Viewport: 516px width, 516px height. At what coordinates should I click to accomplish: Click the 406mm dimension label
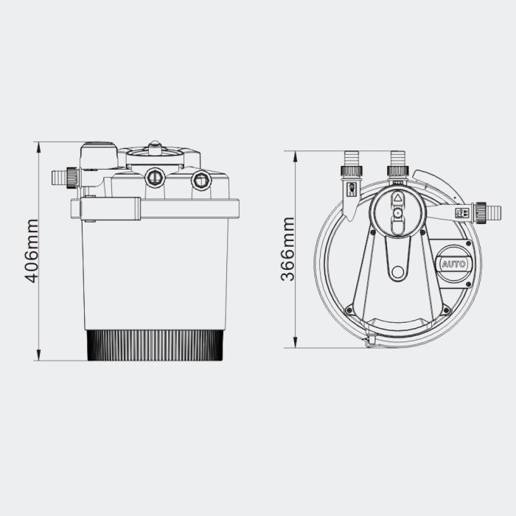(x=32, y=251)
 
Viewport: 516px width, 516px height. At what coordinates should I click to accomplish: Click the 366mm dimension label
(x=287, y=249)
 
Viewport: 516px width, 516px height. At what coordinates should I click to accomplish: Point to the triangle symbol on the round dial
(x=397, y=198)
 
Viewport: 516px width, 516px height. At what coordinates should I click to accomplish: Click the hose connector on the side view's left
(x=62, y=177)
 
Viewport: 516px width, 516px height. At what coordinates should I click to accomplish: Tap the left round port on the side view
(x=155, y=177)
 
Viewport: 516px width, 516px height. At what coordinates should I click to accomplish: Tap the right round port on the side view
(x=200, y=180)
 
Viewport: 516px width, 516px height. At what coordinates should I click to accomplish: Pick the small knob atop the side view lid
(x=154, y=147)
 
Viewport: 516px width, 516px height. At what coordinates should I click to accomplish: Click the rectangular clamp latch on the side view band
(x=111, y=209)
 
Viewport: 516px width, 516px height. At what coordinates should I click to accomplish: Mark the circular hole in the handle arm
(x=398, y=272)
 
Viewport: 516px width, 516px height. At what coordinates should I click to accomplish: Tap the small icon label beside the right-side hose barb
(x=463, y=212)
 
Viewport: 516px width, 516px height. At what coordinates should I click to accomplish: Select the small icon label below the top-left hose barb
(x=352, y=189)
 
